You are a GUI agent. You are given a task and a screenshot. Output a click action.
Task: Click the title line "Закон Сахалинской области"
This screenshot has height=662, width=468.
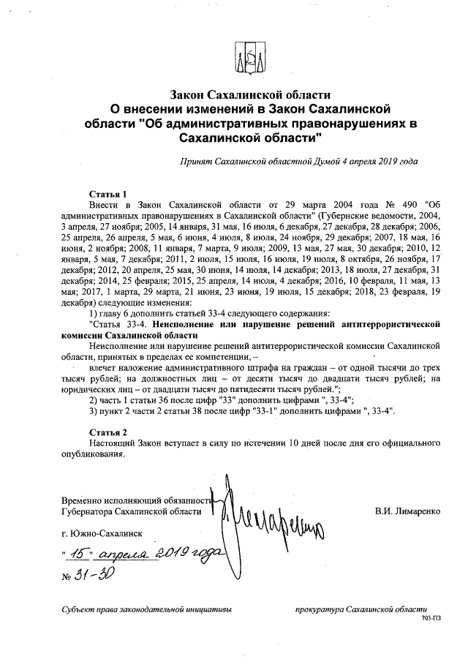click(x=251, y=95)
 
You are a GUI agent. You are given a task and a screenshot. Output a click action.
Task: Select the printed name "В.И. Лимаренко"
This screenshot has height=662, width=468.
click(x=407, y=511)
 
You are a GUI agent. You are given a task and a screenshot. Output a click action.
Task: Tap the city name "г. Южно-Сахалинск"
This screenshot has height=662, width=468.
click(x=103, y=535)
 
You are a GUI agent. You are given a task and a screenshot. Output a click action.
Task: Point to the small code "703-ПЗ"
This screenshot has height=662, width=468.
click(x=431, y=618)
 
